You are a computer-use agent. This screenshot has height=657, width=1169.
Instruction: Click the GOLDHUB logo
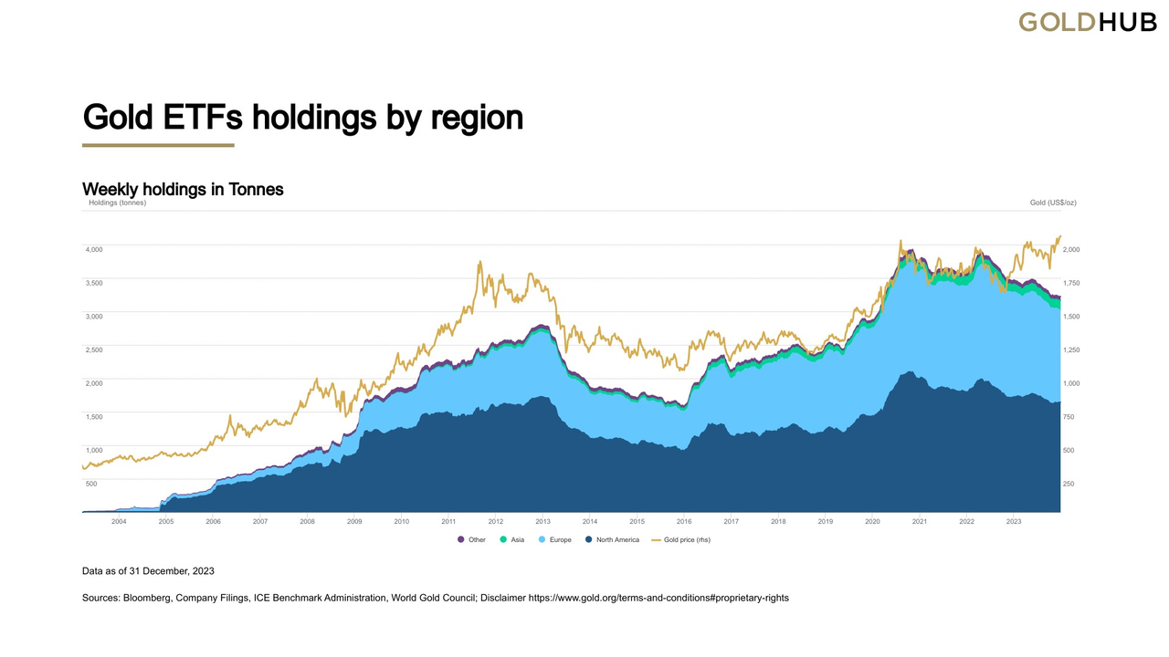1087,22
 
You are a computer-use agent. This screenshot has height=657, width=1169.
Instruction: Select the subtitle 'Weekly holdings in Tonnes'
183,189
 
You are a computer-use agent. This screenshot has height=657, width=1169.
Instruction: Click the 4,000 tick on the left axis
94,249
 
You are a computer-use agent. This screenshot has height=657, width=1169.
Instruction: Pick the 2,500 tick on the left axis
94,349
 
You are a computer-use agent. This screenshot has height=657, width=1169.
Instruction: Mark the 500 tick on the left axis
91,484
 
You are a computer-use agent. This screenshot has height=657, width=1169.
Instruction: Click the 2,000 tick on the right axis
1072,249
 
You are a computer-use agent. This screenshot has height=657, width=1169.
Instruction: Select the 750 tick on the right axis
1069,417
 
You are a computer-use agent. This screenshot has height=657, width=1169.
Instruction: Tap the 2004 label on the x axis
119,521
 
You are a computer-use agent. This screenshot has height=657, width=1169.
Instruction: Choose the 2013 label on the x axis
542,521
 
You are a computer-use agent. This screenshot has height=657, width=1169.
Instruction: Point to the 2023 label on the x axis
1014,521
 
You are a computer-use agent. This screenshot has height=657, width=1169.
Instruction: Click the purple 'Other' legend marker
461,540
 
